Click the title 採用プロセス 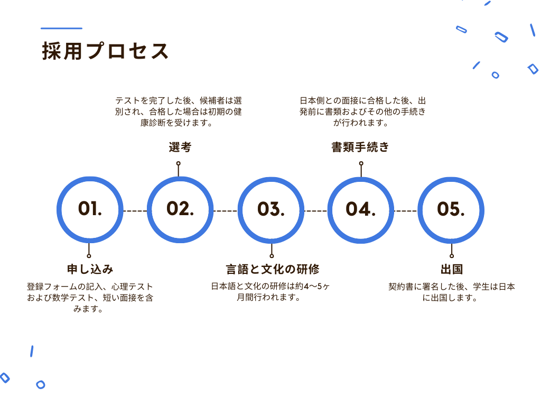105,51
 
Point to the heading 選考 180,147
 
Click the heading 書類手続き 360,147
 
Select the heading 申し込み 90,269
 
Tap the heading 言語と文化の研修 273,269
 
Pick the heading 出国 452,269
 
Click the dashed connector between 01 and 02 135,210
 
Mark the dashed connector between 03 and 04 316,210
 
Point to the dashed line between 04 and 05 406,210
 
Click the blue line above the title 61,29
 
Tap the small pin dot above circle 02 179,163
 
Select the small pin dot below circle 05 452,256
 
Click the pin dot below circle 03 272,256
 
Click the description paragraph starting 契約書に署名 452,292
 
